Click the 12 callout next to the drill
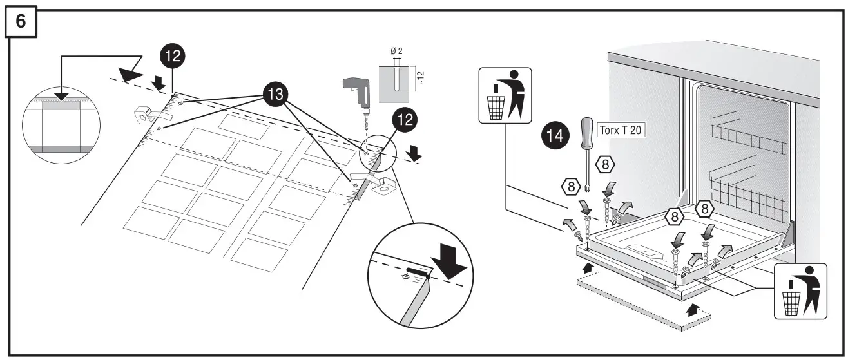coord(405,120)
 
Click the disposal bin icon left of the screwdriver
coord(505,95)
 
